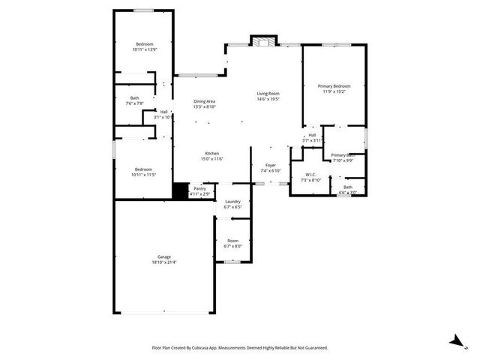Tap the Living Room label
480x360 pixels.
[268, 93]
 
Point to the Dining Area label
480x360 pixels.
[205, 101]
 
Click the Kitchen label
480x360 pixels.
[212, 153]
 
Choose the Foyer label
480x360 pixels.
[270, 165]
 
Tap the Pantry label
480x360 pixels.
[199, 188]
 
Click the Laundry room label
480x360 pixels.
[232, 201]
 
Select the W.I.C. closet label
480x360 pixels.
[310, 175]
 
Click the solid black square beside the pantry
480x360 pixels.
[179, 191]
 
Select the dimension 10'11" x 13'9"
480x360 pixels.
[145, 49]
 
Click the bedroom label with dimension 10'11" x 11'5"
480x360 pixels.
[145, 169]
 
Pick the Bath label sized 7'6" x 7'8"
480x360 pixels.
[134, 97]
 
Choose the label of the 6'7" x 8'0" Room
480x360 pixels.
[232, 241]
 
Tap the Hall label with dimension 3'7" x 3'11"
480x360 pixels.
[311, 135]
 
